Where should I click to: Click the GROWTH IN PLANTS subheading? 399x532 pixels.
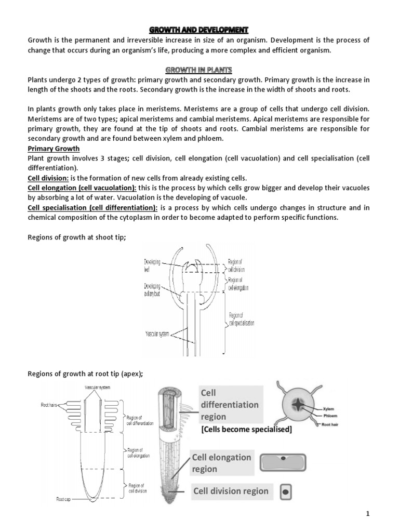pyautogui.click(x=199, y=70)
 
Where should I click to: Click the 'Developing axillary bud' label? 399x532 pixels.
pyautogui.click(x=153, y=290)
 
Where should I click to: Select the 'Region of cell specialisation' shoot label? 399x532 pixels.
pyautogui.click(x=242, y=320)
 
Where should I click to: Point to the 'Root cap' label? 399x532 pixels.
pyautogui.click(x=63, y=499)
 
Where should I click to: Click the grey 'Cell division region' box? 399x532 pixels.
pyautogui.click(x=231, y=491)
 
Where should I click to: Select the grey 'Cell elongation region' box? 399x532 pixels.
pyautogui.click(x=222, y=463)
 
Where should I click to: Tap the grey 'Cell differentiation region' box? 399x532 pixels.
pyautogui.click(x=229, y=405)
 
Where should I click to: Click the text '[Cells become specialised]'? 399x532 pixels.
pyautogui.click(x=246, y=430)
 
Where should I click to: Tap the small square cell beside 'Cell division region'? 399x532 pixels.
pyautogui.click(x=285, y=491)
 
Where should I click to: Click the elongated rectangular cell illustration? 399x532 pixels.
pyautogui.click(x=284, y=461)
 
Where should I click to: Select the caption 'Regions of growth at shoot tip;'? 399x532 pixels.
pyautogui.click(x=76, y=237)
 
